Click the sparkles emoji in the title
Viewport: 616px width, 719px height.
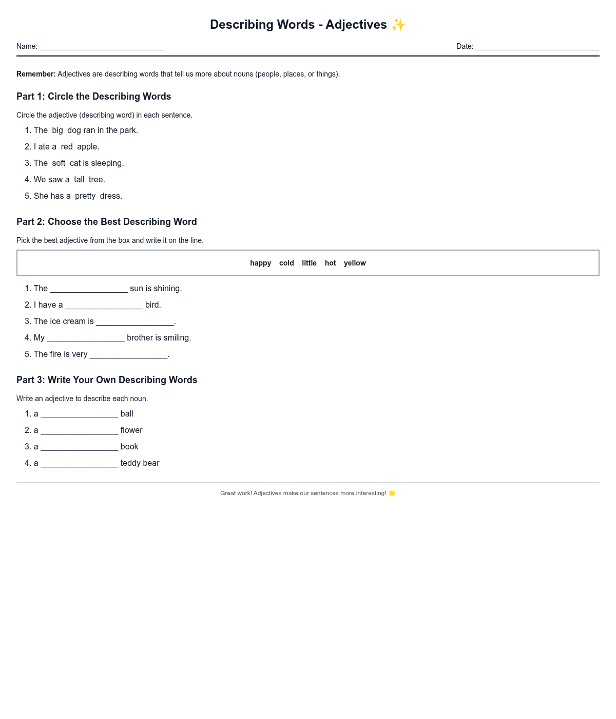pyautogui.click(x=398, y=25)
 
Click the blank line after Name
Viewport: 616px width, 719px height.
pyautogui.click(x=101, y=47)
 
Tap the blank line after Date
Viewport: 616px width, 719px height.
pyautogui.click(x=537, y=47)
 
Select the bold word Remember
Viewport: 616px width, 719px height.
pyautogui.click(x=36, y=74)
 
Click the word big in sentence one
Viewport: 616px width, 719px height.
pyautogui.click(x=57, y=130)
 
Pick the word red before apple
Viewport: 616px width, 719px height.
pyautogui.click(x=67, y=147)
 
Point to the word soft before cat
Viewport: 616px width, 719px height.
pyautogui.click(x=59, y=163)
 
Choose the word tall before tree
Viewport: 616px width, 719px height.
pyautogui.click(x=79, y=180)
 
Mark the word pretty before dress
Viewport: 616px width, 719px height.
pyautogui.click(x=85, y=196)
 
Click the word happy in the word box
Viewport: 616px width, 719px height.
pyautogui.click(x=260, y=263)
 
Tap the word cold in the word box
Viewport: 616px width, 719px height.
pyautogui.click(x=286, y=263)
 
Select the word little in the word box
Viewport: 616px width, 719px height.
pyautogui.click(x=309, y=263)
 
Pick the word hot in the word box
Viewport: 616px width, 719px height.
pyautogui.click(x=330, y=263)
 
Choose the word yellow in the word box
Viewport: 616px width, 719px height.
pyautogui.click(x=355, y=263)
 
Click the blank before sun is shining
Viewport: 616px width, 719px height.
pyautogui.click(x=89, y=289)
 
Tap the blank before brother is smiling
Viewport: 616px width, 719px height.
pyautogui.click(x=86, y=338)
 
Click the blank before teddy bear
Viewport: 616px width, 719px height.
pyautogui.click(x=79, y=464)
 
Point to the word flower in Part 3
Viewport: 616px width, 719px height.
pyautogui.click(x=131, y=430)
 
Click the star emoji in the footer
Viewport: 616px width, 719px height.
pyautogui.click(x=392, y=493)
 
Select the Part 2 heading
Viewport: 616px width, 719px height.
pyautogui.click(x=107, y=222)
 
